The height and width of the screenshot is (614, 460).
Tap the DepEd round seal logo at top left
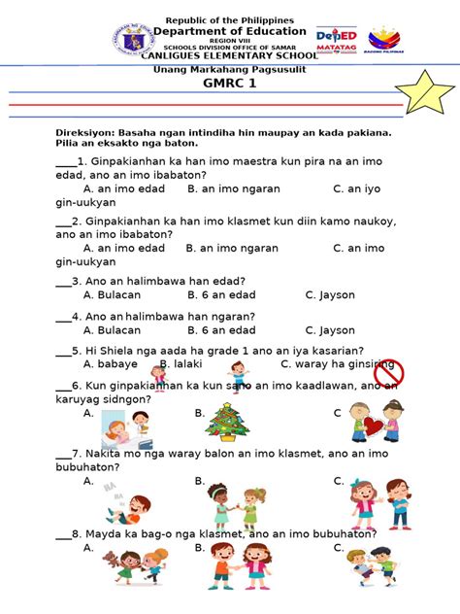[137, 40]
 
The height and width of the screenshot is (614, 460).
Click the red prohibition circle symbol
[388, 372]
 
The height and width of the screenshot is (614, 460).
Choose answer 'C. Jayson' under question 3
[330, 294]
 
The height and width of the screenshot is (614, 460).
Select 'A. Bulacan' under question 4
[113, 329]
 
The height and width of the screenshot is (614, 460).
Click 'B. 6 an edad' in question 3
[220, 294]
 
